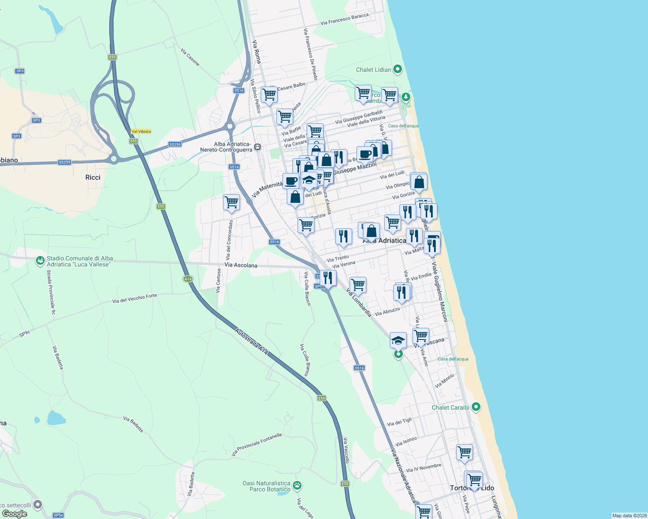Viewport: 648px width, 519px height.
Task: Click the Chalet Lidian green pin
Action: (397, 69)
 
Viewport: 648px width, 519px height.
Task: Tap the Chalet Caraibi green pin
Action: (476, 407)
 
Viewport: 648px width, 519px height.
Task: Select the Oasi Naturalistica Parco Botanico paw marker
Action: (297, 486)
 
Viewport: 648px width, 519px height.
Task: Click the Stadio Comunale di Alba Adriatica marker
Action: (40, 261)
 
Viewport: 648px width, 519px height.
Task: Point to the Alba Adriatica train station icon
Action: (258, 147)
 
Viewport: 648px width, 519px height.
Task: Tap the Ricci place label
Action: (93, 177)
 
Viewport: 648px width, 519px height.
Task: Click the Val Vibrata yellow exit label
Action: (141, 131)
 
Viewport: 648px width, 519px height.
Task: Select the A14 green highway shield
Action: (188, 279)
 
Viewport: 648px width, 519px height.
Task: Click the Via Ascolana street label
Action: (241, 265)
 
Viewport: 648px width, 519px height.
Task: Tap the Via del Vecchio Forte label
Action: (134, 298)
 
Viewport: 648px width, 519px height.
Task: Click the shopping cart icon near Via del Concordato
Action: (232, 202)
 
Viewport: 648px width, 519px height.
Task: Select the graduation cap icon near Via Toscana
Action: (398, 340)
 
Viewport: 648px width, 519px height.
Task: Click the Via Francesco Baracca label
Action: (344, 19)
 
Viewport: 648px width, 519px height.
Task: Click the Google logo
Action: (15, 514)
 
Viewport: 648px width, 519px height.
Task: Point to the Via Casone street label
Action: (190, 57)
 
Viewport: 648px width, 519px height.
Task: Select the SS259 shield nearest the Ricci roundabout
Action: (64, 162)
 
